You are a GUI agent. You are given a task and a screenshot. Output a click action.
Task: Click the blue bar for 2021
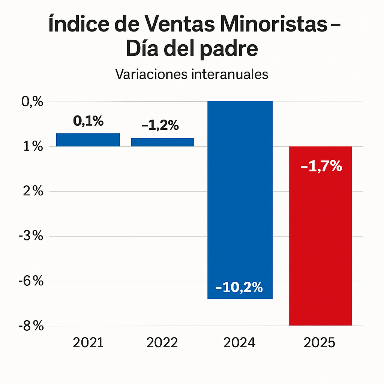[x=88, y=140]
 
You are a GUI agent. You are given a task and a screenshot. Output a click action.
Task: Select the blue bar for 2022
[x=162, y=142]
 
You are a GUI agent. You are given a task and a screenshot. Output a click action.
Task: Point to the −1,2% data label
[x=160, y=126]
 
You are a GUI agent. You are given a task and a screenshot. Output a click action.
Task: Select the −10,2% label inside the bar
[x=239, y=288]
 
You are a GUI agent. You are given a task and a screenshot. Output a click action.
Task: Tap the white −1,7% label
[x=321, y=166]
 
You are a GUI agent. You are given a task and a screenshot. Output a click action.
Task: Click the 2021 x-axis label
[x=88, y=343]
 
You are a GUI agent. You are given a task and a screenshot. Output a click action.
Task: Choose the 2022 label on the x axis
[x=162, y=343]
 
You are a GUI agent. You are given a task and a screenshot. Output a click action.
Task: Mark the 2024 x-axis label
[x=239, y=343]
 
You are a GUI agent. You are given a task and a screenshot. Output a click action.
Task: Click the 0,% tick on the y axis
[x=33, y=102]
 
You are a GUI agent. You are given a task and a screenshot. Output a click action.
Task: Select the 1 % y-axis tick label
[x=33, y=147]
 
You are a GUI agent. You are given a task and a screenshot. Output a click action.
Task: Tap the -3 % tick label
[x=31, y=236]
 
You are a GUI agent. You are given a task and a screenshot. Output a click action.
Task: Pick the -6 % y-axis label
[x=31, y=281]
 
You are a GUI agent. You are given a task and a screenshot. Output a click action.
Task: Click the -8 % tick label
[x=31, y=326]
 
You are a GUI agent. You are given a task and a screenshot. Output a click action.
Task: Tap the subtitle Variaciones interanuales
[x=192, y=74]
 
